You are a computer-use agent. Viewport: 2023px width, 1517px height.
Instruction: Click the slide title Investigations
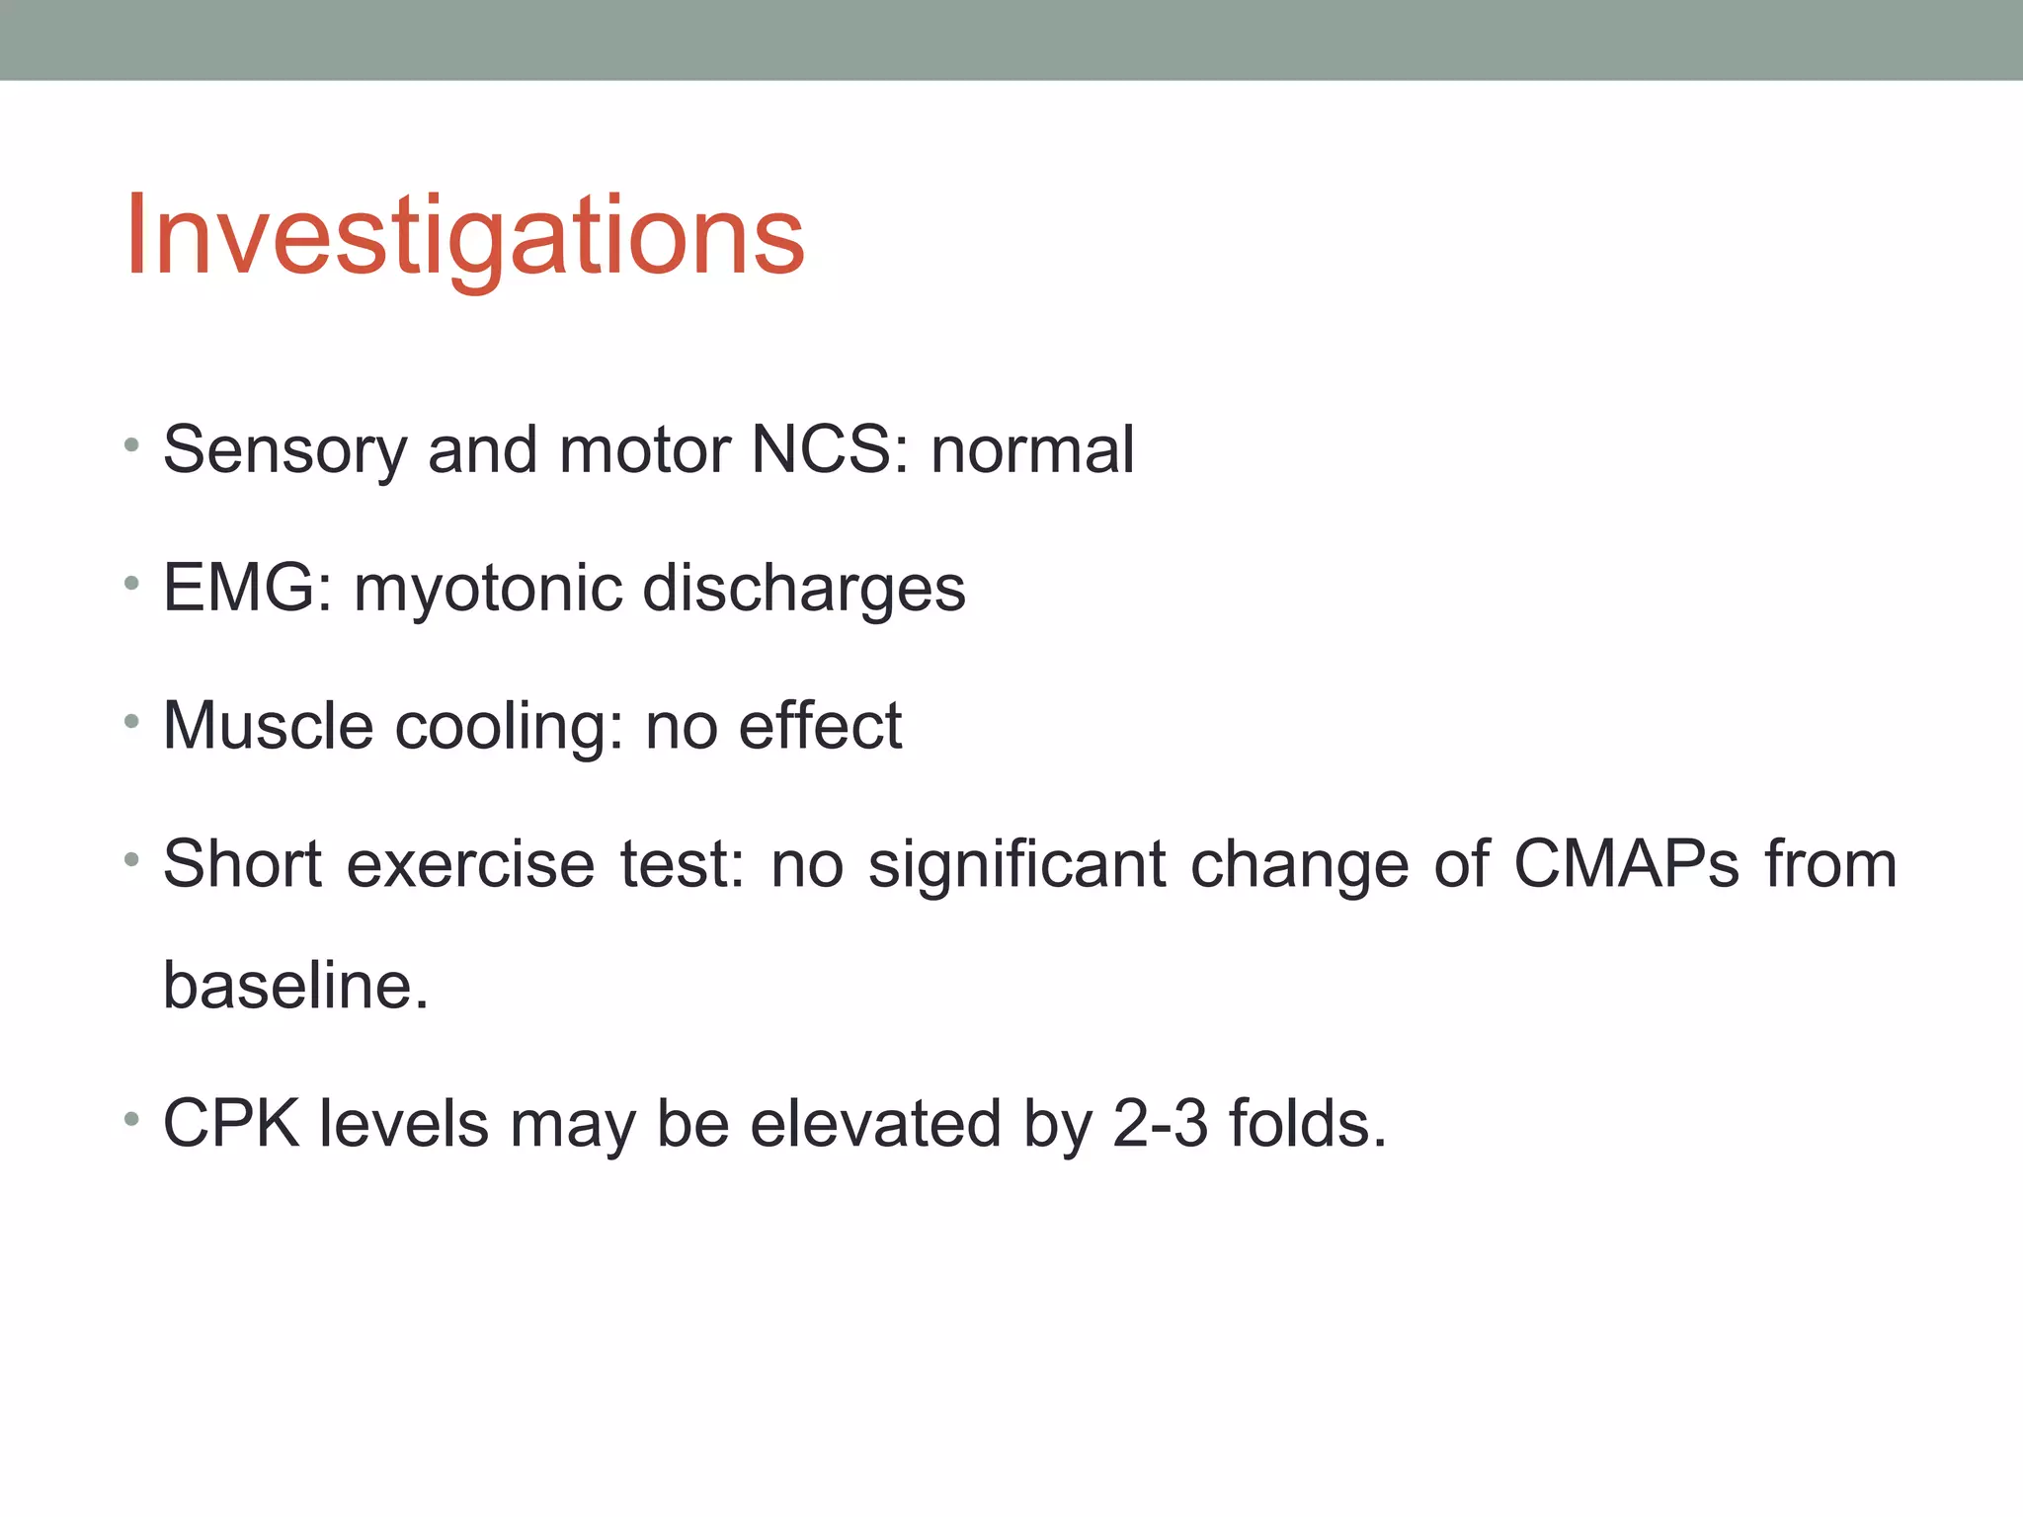(464, 237)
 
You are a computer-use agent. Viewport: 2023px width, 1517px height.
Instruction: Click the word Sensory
(284, 450)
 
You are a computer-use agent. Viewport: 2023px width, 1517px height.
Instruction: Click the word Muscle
(268, 726)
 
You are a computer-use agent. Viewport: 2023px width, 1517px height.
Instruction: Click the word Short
(243, 864)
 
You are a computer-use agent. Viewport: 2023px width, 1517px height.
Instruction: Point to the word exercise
(470, 864)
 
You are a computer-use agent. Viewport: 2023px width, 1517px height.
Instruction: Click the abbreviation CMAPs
(1626, 864)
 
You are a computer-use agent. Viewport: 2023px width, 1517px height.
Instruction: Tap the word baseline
(295, 986)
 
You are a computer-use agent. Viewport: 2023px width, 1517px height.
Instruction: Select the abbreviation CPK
(231, 1124)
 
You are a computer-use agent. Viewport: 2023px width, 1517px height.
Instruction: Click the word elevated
(875, 1124)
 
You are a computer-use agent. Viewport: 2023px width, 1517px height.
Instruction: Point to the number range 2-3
(1160, 1124)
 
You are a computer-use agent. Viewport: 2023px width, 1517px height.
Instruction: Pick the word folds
(1306, 1124)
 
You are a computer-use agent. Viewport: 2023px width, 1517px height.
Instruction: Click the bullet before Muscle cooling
(131, 722)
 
